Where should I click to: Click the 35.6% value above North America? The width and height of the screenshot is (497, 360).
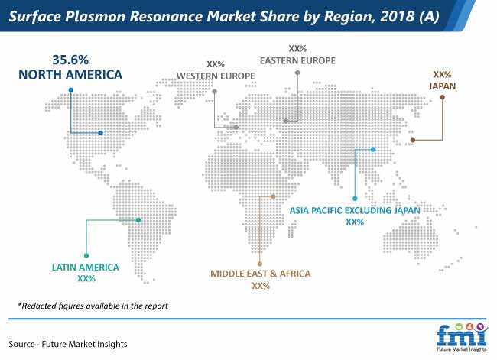70,60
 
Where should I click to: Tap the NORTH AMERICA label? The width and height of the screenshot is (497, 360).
70,75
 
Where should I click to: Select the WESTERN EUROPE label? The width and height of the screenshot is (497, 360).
216,76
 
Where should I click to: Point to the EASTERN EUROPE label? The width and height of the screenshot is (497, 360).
297,60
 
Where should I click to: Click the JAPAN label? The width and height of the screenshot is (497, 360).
442,86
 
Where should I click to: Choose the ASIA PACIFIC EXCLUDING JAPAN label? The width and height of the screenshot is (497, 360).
355,210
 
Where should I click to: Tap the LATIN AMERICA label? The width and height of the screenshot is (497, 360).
86,268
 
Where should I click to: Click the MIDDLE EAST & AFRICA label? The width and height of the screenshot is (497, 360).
261,274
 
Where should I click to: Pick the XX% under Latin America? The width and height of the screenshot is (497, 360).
86,278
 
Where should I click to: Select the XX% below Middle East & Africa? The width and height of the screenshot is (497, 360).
261,286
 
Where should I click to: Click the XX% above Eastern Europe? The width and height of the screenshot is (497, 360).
297,48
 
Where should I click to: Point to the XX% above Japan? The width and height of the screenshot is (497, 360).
442,74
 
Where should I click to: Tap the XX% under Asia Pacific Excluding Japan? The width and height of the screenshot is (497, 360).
355,222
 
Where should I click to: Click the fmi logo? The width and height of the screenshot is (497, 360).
462,337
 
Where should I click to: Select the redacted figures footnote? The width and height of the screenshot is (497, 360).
93,306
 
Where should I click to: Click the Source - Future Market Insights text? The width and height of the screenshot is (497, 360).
68,344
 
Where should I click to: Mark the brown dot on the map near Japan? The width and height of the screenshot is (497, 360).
413,140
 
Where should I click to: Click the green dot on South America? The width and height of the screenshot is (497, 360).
138,220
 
